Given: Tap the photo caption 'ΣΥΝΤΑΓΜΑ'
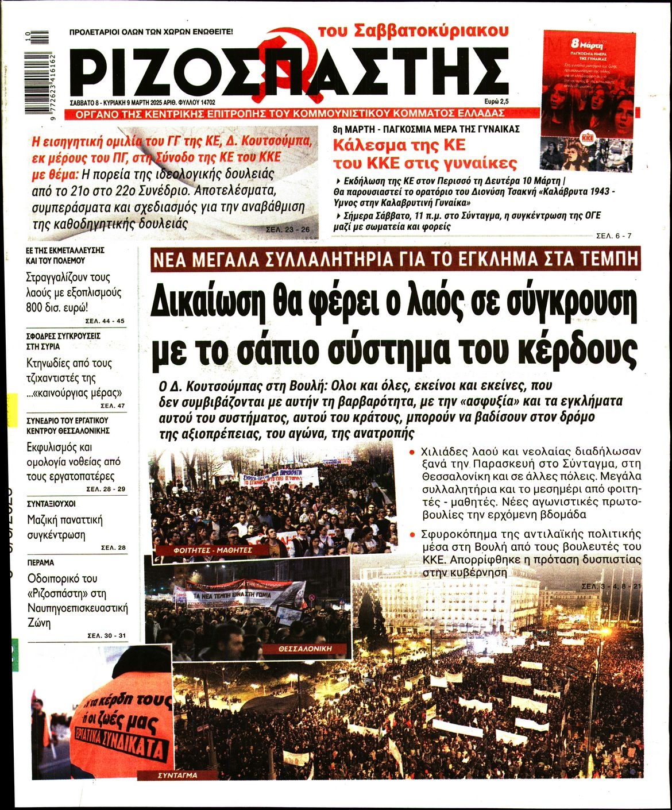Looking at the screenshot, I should click(177, 776).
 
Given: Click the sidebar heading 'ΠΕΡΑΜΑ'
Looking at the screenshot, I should click(40, 562).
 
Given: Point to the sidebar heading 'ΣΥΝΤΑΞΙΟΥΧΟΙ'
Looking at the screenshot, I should click(51, 503).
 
